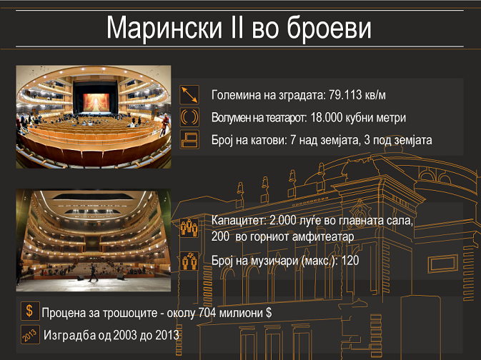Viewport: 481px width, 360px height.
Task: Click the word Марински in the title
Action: [164, 28]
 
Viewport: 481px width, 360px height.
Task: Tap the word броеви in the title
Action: [329, 27]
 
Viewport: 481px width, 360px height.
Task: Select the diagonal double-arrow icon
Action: [189, 95]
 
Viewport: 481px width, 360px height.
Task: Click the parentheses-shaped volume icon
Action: [189, 117]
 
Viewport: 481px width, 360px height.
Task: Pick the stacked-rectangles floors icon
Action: [189, 139]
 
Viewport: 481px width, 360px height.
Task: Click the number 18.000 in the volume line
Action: [326, 117]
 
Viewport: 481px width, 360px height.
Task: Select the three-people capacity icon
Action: [189, 228]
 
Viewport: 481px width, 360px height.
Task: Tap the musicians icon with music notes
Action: [189, 261]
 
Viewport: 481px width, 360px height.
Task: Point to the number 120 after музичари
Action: [350, 261]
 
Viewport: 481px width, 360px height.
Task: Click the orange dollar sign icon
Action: [30, 311]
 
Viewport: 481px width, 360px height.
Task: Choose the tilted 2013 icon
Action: [30, 334]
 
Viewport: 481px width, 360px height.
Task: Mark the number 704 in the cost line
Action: [207, 313]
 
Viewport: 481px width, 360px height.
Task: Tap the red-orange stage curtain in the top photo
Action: [96, 102]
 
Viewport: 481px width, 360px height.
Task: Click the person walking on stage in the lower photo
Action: [93, 272]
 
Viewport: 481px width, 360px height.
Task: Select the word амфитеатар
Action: [324, 236]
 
